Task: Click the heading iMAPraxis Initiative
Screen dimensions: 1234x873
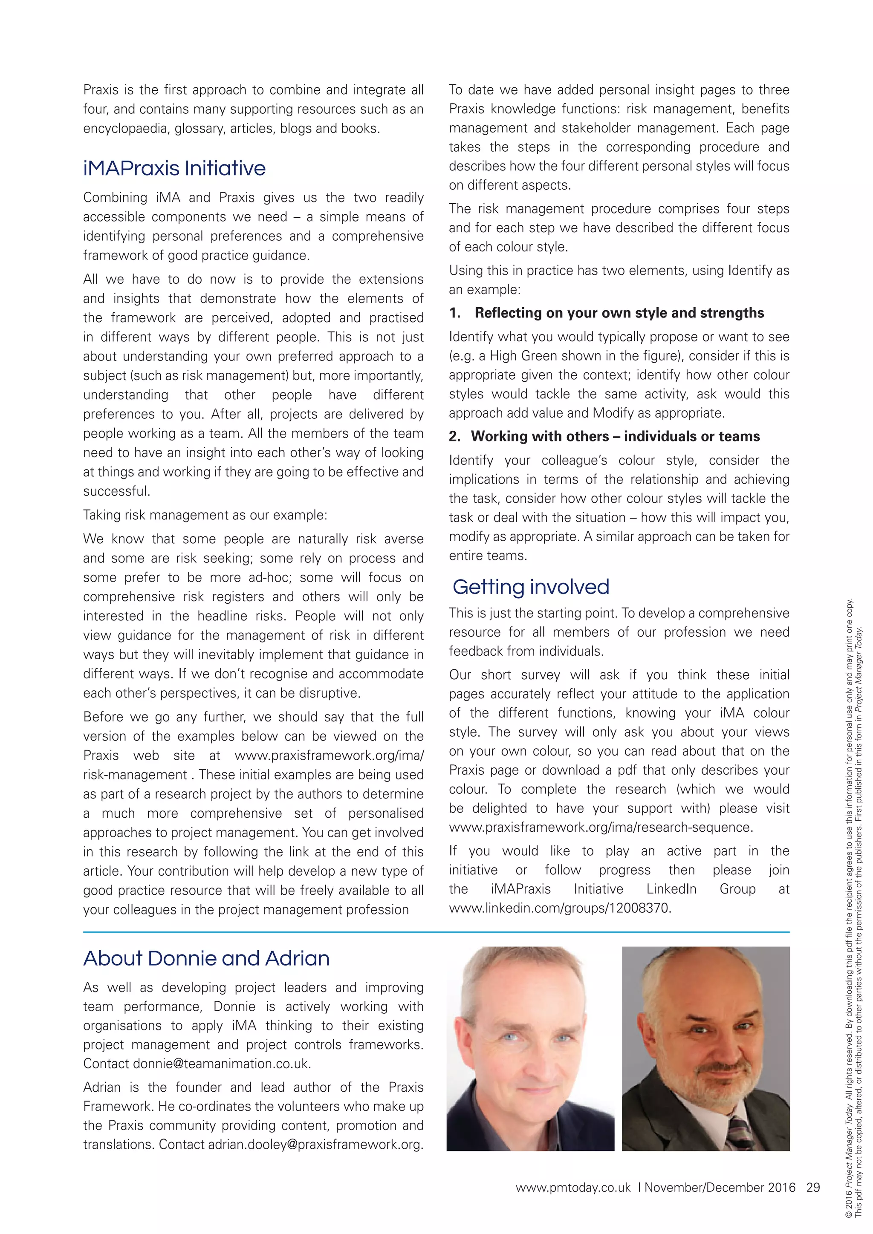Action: tap(174, 168)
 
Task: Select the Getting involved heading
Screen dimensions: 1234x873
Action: tap(531, 586)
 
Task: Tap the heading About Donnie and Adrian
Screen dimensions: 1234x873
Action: tap(206, 958)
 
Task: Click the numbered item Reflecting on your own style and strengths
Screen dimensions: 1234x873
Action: tap(619, 313)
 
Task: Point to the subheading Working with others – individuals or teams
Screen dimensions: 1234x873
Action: tap(615, 436)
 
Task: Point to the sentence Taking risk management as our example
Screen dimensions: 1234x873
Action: tap(205, 515)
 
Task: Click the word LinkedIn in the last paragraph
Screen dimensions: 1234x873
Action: tap(671, 889)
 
